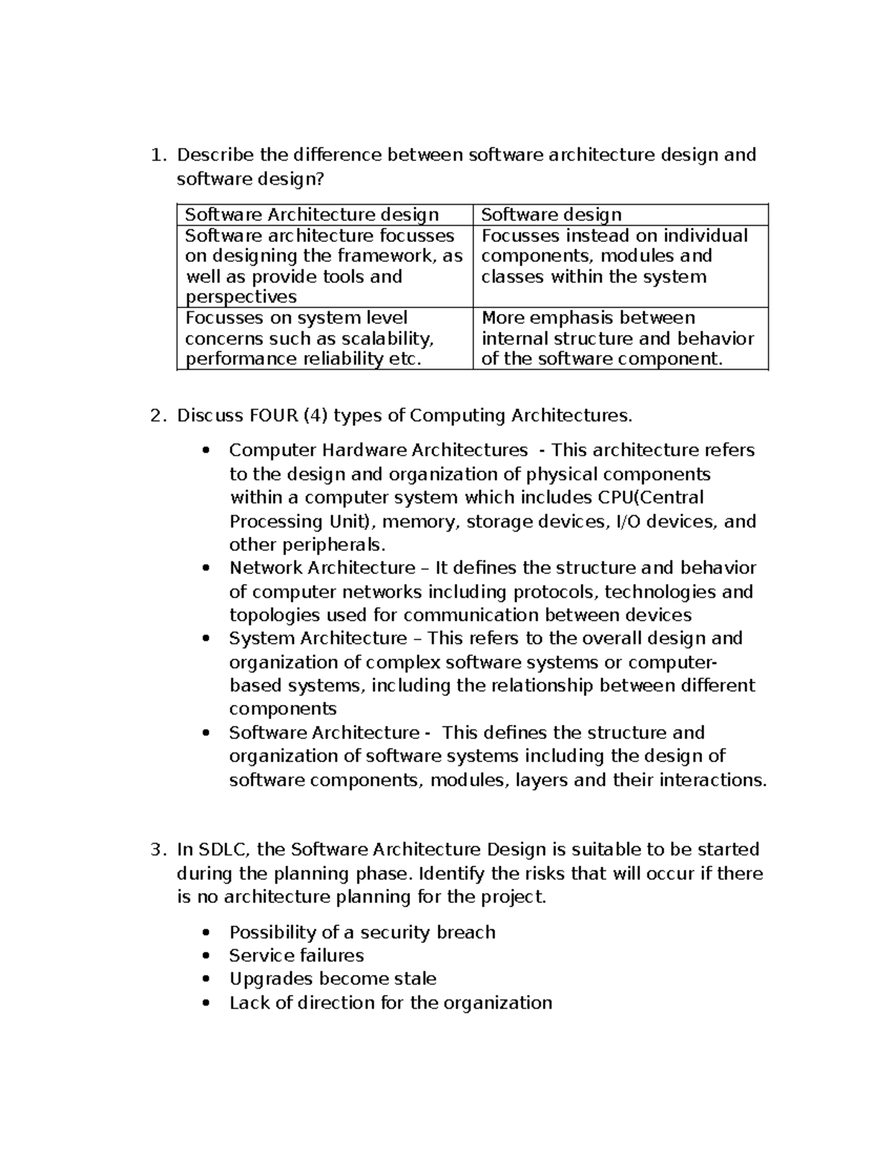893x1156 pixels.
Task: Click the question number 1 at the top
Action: pos(155,156)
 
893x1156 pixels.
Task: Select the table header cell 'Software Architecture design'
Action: pos(312,215)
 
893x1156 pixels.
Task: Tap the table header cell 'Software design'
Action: pos(551,215)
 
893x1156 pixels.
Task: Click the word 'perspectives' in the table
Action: pos(240,297)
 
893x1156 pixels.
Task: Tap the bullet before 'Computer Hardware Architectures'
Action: pos(206,450)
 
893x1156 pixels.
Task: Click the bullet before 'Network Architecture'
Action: pos(206,568)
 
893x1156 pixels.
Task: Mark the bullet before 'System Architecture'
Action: pos(206,639)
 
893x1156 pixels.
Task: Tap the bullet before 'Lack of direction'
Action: pos(206,1003)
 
